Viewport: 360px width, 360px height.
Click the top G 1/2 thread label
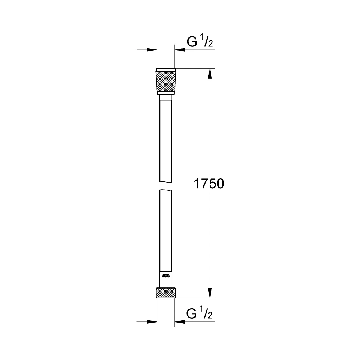click(x=200, y=42)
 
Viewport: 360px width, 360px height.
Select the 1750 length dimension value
click(x=209, y=184)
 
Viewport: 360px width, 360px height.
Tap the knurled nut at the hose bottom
click(x=166, y=293)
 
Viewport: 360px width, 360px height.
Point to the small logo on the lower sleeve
click(x=166, y=276)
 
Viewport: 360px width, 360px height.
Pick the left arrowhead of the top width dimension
click(x=153, y=50)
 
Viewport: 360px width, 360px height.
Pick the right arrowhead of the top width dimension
click(x=179, y=50)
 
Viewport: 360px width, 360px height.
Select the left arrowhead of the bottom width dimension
click(x=153, y=321)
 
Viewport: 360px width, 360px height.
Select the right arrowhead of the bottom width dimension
click(x=179, y=321)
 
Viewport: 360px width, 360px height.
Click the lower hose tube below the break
click(x=166, y=230)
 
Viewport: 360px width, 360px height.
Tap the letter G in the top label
click(x=192, y=42)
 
